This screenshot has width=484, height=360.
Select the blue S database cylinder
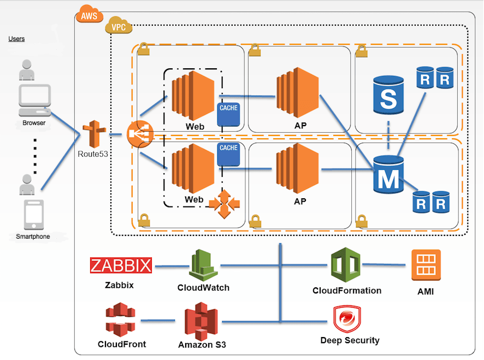click(388, 96)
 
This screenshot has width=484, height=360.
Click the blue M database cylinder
click(388, 174)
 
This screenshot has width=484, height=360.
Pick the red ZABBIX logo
click(121, 266)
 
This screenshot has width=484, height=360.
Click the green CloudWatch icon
click(204, 265)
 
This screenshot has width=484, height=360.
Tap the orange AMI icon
click(426, 265)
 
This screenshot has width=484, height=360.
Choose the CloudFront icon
click(121, 321)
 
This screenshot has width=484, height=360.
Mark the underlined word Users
click(16, 39)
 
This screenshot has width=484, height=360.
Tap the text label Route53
click(93, 154)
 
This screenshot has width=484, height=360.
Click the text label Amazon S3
click(202, 345)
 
